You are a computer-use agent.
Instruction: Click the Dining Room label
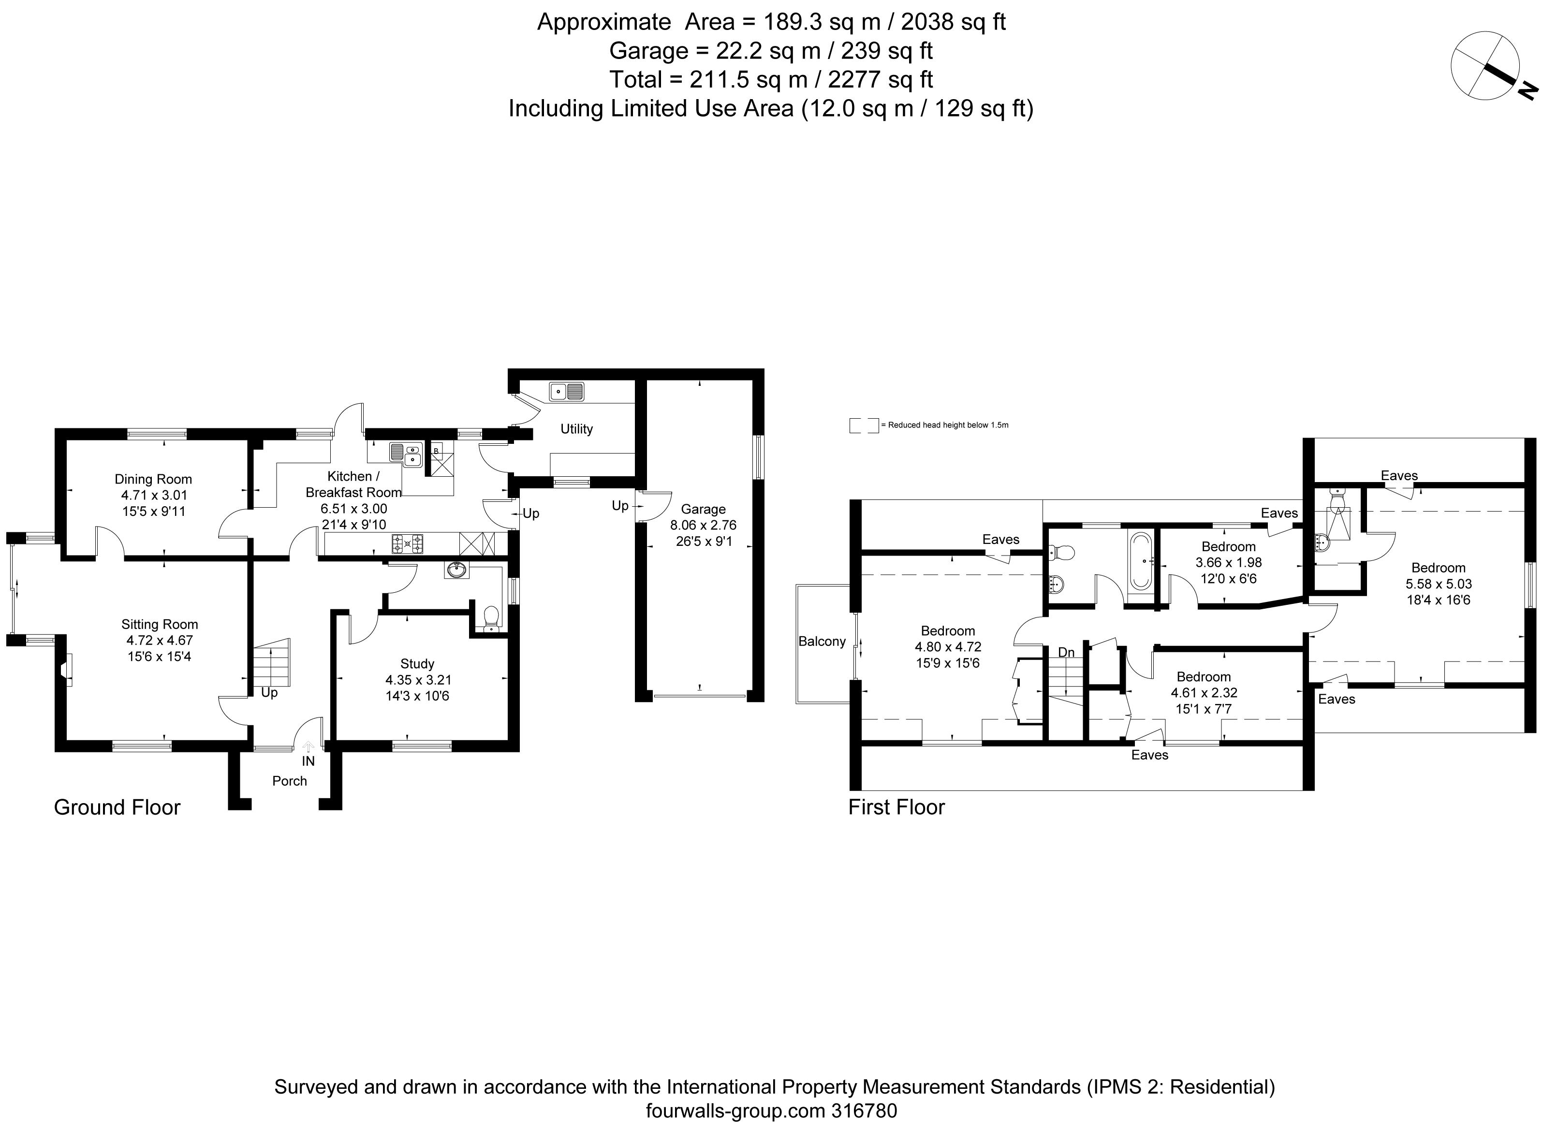[x=153, y=479]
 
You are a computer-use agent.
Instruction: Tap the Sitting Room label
[x=160, y=624]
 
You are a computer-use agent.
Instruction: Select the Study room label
[x=417, y=664]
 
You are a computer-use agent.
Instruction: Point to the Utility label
[x=576, y=429]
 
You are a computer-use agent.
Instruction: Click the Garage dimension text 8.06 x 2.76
[x=703, y=525]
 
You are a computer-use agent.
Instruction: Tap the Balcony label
[x=822, y=641]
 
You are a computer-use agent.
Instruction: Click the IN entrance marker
[x=309, y=761]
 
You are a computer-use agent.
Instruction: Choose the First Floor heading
[x=896, y=807]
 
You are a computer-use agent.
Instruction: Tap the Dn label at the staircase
[x=1066, y=653]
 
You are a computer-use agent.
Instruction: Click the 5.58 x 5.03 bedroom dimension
[x=1439, y=584]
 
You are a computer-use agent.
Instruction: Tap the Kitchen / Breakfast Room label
[x=353, y=484]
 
